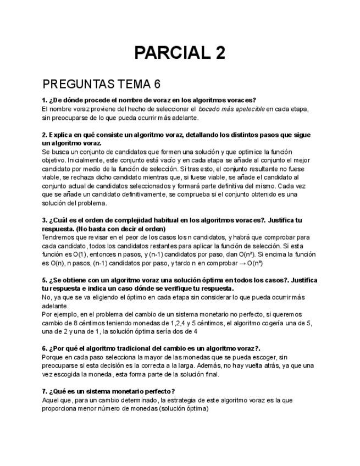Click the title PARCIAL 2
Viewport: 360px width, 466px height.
tap(180, 53)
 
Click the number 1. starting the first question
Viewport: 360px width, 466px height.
tap(45, 100)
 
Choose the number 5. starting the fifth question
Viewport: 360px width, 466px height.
tap(45, 280)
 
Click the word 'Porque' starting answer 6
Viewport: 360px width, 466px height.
tap(53, 357)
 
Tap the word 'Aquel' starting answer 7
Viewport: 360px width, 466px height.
tap(50, 400)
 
